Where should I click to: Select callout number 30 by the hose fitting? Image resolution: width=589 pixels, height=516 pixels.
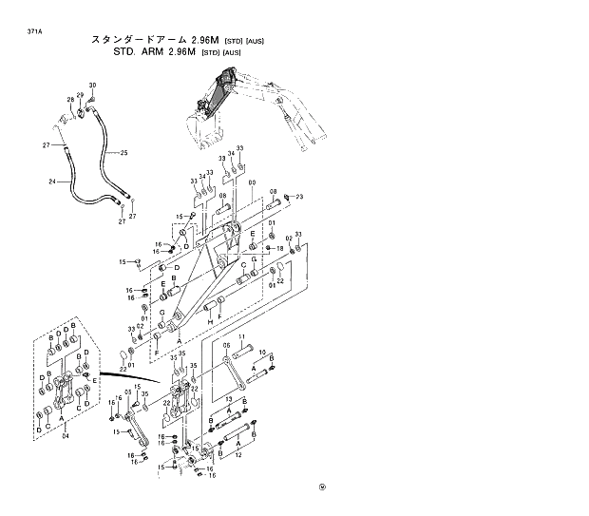(x=93, y=86)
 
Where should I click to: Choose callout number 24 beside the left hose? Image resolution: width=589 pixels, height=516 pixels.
(x=53, y=180)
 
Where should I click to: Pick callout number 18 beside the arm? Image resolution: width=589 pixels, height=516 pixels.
(x=280, y=248)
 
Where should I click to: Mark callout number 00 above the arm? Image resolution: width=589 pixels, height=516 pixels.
(x=251, y=182)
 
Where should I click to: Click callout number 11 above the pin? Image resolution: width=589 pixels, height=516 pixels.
(x=241, y=338)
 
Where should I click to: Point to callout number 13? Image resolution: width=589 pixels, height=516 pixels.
(x=229, y=398)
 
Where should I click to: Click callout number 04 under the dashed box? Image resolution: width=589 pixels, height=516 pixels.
(x=66, y=438)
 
